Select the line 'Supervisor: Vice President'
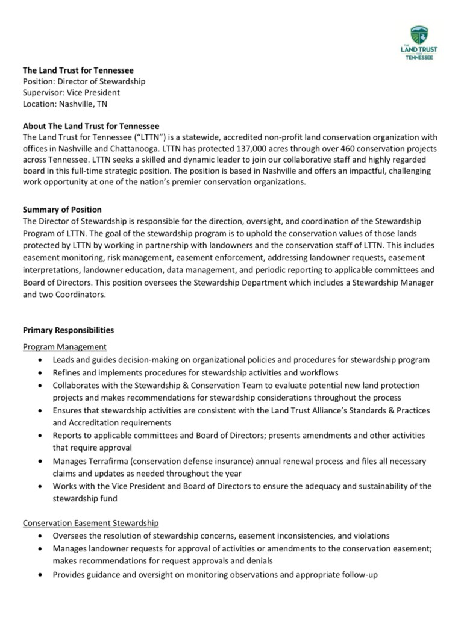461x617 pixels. (71, 93)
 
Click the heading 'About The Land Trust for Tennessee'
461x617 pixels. (90, 126)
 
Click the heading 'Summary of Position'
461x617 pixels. (62, 210)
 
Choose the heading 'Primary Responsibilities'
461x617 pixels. (68, 330)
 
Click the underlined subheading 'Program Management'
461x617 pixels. (64, 347)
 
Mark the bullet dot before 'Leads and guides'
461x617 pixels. (40, 360)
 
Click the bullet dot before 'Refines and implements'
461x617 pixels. (40, 373)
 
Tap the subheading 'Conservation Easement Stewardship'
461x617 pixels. (90, 523)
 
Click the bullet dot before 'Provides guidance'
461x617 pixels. (40, 575)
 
